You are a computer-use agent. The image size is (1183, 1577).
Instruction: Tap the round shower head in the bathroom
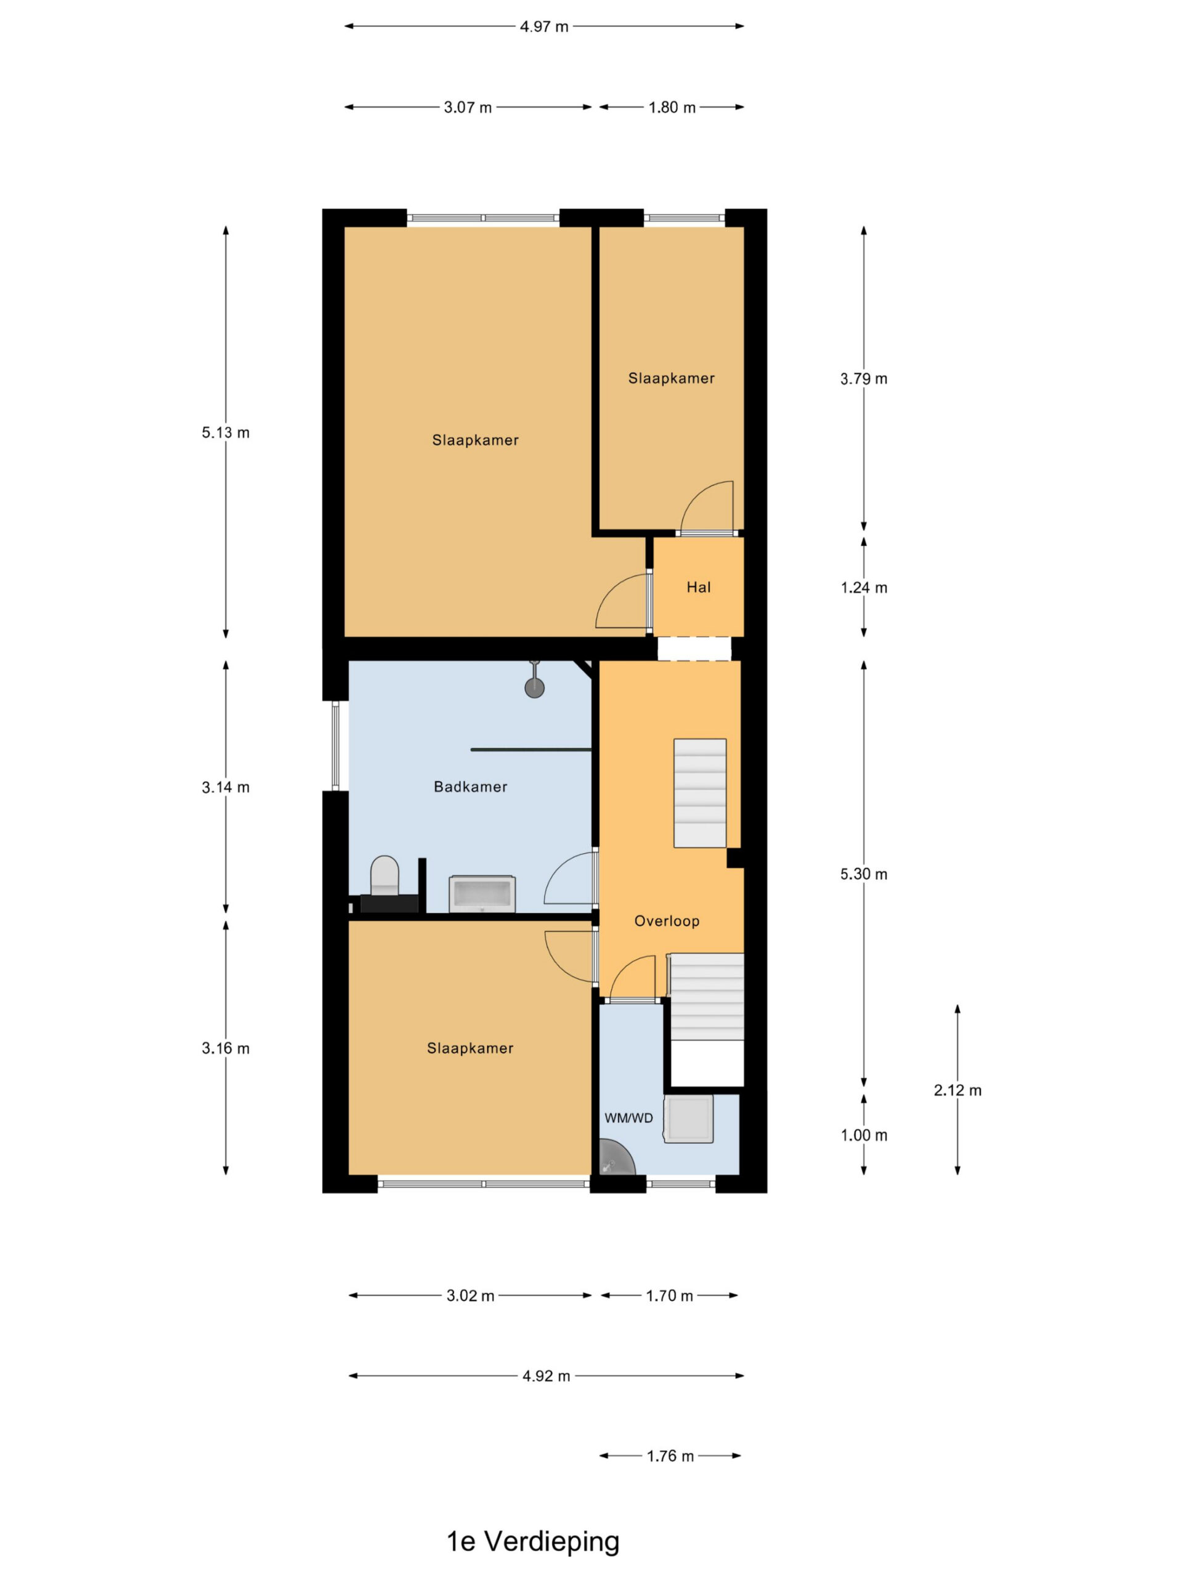click(x=534, y=687)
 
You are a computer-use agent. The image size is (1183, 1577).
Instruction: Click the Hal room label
click(x=698, y=588)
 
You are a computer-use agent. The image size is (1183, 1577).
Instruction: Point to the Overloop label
click(x=667, y=921)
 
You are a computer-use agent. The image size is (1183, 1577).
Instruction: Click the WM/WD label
click(x=628, y=1118)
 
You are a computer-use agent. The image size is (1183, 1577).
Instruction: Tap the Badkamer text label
click(x=471, y=787)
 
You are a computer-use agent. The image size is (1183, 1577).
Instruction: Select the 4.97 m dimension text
click(x=544, y=27)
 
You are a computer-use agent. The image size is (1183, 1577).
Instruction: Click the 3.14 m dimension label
click(x=226, y=787)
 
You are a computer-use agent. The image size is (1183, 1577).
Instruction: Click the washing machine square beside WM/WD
click(x=688, y=1119)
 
